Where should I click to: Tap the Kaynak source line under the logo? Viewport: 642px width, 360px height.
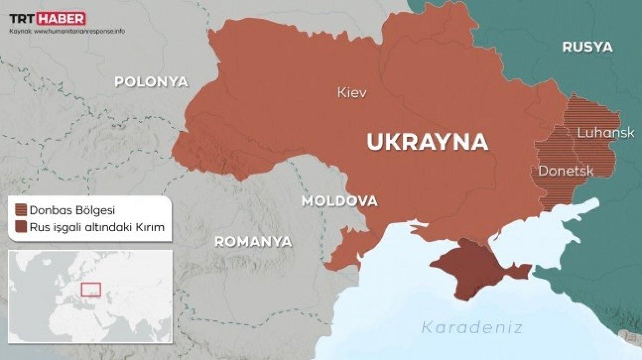tap(67, 31)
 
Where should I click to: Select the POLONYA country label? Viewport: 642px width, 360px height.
tap(152, 82)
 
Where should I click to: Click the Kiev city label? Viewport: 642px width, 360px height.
tap(351, 93)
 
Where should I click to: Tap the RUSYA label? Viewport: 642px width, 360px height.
tap(587, 47)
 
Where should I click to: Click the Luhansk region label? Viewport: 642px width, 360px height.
tap(606, 133)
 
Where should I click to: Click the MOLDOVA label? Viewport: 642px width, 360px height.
tap(339, 202)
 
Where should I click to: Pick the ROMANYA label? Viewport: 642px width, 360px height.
tap(253, 242)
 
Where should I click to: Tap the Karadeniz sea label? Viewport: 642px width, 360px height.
tap(471, 327)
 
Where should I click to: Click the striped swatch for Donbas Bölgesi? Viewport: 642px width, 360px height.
tap(21, 209)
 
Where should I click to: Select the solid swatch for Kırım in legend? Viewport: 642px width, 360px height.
tap(21, 227)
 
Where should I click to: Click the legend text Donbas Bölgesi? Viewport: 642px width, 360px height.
tap(73, 209)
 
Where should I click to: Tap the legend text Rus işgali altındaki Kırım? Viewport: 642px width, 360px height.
tap(96, 227)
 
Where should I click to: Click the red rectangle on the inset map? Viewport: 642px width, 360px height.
tap(91, 289)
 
